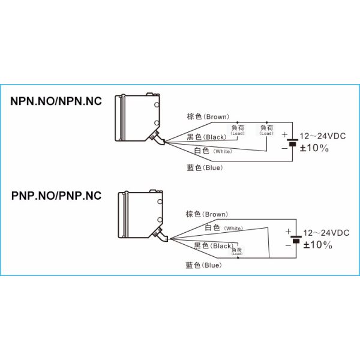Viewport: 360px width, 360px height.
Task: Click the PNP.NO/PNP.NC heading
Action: (56, 196)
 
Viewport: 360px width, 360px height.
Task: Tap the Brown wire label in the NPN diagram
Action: (208, 116)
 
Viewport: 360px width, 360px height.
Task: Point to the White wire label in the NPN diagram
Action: (212, 151)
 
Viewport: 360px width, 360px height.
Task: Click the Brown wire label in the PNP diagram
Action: (206, 214)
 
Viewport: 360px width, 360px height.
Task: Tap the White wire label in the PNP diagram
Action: (223, 228)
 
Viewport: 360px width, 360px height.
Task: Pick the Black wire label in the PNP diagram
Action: (213, 246)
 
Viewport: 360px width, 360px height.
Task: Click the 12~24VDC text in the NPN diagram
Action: (325, 137)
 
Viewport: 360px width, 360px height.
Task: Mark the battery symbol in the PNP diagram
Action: (295, 239)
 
